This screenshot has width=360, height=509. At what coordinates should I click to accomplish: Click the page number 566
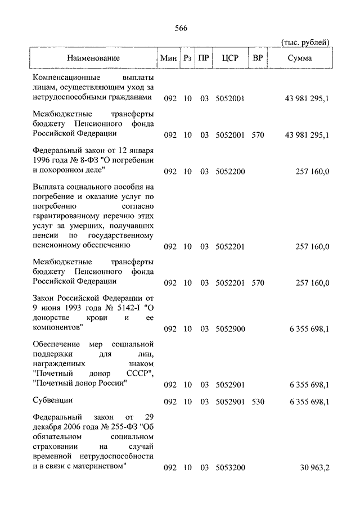pyautogui.click(x=181, y=29)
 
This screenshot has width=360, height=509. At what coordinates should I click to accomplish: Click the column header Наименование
pyautogui.click(x=93, y=58)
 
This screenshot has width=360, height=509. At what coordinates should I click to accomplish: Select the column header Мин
pyautogui.click(x=168, y=58)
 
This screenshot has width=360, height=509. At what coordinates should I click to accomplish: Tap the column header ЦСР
pyautogui.click(x=229, y=58)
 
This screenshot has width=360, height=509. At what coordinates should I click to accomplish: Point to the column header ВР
pyautogui.click(x=258, y=58)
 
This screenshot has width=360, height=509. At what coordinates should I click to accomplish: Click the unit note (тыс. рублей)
pyautogui.click(x=304, y=43)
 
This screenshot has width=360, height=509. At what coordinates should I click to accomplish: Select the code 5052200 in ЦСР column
pyautogui.click(x=229, y=172)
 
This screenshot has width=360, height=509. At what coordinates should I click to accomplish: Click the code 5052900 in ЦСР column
pyautogui.click(x=229, y=328)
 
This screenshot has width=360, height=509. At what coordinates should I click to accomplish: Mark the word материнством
pyautogui.click(x=98, y=467)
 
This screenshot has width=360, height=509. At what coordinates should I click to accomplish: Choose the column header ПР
pyautogui.click(x=204, y=58)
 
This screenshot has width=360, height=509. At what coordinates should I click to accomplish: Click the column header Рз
pyautogui.click(x=187, y=58)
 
